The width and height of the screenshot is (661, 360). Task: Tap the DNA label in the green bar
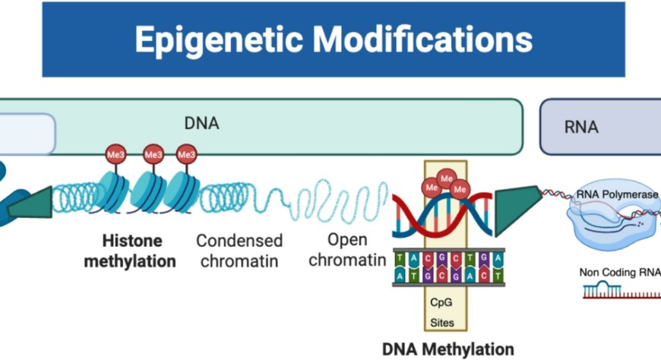(201, 123)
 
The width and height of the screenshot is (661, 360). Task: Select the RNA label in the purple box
(581, 128)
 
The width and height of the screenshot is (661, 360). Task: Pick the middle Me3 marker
(153, 155)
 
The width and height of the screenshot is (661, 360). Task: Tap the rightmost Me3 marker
(186, 155)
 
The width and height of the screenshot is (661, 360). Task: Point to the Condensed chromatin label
(239, 251)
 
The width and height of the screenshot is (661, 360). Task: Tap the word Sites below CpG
(442, 323)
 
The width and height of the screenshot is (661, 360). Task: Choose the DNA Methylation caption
(448, 349)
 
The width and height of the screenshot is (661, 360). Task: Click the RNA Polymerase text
(618, 194)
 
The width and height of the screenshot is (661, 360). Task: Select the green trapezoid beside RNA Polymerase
(517, 208)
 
